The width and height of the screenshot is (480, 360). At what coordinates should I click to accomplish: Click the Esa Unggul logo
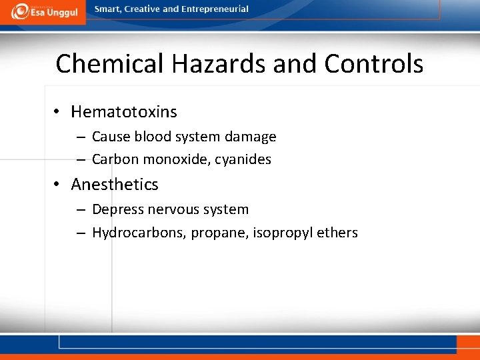tap(43, 11)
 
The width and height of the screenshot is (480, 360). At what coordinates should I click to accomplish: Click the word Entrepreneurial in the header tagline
tap(215, 9)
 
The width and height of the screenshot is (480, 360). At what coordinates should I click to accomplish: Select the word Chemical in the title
tap(109, 64)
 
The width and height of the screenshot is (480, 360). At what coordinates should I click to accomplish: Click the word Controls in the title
tap(374, 64)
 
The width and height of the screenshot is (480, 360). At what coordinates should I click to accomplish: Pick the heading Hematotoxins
tap(124, 111)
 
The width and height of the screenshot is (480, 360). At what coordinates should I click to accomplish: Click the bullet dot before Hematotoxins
tap(58, 111)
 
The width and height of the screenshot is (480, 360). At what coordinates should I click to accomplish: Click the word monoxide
tap(176, 159)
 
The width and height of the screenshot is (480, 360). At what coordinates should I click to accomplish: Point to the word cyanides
tap(243, 159)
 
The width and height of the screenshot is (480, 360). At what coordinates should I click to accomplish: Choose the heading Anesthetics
tap(115, 184)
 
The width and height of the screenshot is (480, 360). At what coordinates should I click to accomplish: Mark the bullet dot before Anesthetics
tap(58, 184)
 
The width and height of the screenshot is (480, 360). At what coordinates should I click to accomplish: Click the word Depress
tap(116, 209)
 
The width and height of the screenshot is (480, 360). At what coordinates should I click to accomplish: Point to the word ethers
tap(338, 233)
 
